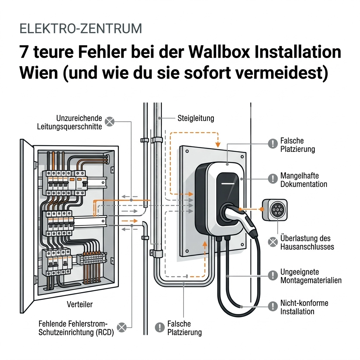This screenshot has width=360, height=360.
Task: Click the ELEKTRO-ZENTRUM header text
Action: coord(81,28)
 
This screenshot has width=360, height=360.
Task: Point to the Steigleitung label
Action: coord(196,118)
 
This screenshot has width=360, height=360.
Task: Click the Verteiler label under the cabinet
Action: coord(80,304)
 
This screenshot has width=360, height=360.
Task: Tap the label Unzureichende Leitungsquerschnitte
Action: coord(70,122)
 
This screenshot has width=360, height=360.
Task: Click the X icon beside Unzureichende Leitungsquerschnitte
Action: coord(110,122)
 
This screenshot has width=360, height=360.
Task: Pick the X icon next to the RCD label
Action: coord(121,328)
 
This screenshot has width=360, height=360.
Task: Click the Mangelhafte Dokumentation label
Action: coord(303,180)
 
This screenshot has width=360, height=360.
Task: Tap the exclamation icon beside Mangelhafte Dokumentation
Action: coord(272,179)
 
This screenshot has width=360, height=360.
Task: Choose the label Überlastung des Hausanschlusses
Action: coord(307,243)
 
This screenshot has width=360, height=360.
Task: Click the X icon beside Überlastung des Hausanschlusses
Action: coord(272,242)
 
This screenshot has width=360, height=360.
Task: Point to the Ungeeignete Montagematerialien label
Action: coord(311,276)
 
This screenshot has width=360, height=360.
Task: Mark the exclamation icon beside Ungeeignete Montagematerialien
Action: coord(272,275)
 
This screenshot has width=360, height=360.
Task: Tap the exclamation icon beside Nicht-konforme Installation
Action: coord(272,306)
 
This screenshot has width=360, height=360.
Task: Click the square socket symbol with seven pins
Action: coord(275,210)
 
